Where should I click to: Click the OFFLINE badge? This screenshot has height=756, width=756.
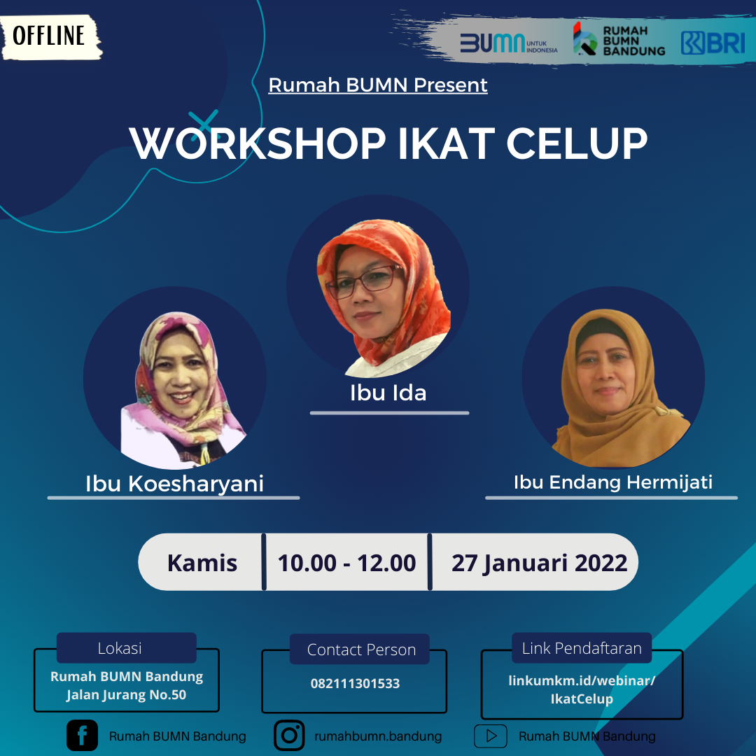point(50,36)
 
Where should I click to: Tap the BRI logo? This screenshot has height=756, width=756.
point(713,43)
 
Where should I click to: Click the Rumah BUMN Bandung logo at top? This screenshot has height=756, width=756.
point(619,39)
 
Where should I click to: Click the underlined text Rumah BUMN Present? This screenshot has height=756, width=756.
point(377,85)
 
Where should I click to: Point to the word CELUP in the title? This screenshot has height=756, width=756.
point(577,143)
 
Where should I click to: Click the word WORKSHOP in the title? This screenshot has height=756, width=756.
point(258,143)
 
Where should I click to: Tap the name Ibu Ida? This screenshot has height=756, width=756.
point(388,393)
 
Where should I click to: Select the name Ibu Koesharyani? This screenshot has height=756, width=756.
point(174,484)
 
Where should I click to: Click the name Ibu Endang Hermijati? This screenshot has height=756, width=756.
point(612,482)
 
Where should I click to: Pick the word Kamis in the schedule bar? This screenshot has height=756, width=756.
point(202,563)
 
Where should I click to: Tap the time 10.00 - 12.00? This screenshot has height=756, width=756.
point(346,563)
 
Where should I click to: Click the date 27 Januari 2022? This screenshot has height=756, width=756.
point(539,563)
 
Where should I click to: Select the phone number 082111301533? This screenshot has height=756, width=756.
point(355,683)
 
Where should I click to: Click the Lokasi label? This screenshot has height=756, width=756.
point(120,648)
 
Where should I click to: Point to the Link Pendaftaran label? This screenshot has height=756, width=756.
point(582,648)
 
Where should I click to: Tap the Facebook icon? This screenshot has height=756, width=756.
point(82,736)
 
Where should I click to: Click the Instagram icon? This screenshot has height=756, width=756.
point(289,735)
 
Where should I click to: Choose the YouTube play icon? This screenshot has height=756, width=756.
point(490,736)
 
